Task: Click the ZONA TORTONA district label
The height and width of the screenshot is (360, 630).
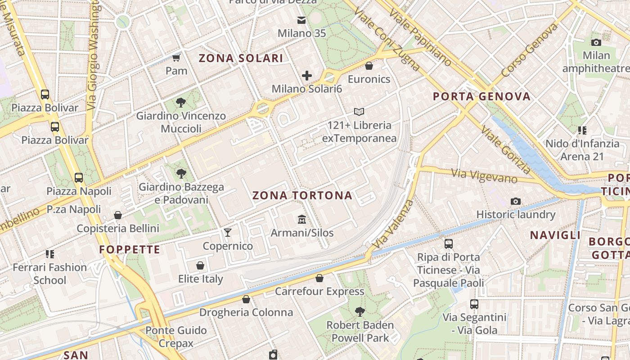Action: click(x=302, y=196)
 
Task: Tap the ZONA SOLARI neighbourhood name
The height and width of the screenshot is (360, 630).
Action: click(x=241, y=58)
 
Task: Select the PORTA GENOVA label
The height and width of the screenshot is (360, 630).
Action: click(x=481, y=96)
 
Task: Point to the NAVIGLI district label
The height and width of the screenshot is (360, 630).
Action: click(x=555, y=235)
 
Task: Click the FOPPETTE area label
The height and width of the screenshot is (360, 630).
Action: click(x=130, y=250)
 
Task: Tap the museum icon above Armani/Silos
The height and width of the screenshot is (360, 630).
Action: click(x=302, y=220)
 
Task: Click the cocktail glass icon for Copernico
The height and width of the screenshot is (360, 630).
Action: click(x=228, y=233)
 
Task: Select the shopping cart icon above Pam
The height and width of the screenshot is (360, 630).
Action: click(x=176, y=58)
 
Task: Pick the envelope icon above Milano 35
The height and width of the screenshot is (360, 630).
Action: click(x=301, y=20)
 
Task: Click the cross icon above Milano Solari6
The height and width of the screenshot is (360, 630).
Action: click(x=307, y=76)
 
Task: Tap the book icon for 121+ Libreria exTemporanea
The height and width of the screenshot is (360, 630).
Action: click(x=359, y=112)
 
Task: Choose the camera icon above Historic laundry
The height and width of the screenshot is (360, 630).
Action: click(x=516, y=201)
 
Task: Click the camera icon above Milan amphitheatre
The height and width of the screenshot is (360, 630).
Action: click(x=596, y=42)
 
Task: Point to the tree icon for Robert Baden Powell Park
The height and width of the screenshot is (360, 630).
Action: click(x=360, y=311)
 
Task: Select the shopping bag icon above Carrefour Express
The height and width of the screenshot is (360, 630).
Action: click(x=319, y=278)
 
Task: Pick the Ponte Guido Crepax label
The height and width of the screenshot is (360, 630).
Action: click(x=176, y=337)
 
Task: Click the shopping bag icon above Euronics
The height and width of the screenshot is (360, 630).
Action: click(x=369, y=66)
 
